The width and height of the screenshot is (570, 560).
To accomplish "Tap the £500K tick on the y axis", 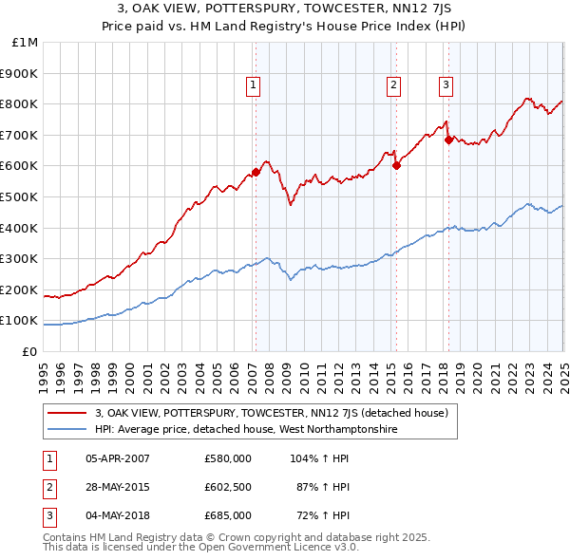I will click(x=21, y=196).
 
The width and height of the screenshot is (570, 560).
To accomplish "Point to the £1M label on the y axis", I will click(x=26, y=43).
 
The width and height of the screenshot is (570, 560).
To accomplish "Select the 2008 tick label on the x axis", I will click(x=270, y=368).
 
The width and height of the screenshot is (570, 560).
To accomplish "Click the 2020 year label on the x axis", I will click(x=478, y=368).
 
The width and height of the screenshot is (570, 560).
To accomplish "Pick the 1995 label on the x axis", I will click(x=45, y=368).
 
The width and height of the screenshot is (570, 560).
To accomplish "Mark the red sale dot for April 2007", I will click(x=256, y=172).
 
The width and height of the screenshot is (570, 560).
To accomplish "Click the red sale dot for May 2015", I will click(x=397, y=165).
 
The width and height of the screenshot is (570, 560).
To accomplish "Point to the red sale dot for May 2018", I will click(x=447, y=140).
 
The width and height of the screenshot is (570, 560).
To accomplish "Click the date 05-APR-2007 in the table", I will click(x=118, y=458).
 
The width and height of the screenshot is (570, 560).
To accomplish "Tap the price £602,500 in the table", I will click(x=228, y=487).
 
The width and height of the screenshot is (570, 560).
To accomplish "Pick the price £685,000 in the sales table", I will click(x=228, y=515).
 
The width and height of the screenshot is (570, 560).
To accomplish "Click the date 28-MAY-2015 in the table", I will click(x=118, y=487).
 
